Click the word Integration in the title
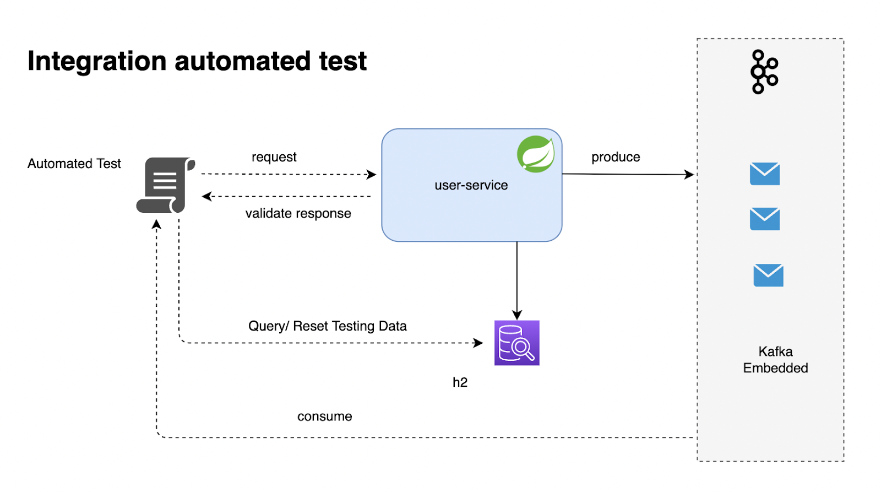(x=97, y=62)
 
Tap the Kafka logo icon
(x=764, y=72)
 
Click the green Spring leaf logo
(x=536, y=154)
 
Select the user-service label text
(x=471, y=185)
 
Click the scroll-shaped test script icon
(x=166, y=185)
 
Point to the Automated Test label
(x=74, y=163)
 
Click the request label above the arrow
(x=274, y=157)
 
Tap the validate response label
(x=298, y=213)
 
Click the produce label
(x=616, y=157)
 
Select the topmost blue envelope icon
(x=765, y=174)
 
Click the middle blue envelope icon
(x=765, y=219)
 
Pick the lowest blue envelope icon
(x=769, y=275)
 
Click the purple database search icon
(x=517, y=343)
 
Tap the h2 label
(x=460, y=382)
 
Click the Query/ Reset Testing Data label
(x=327, y=326)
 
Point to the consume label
(x=324, y=416)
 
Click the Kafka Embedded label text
(x=775, y=360)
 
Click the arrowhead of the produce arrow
(x=689, y=174)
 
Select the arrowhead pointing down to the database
(x=517, y=315)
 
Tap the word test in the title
(x=343, y=62)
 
